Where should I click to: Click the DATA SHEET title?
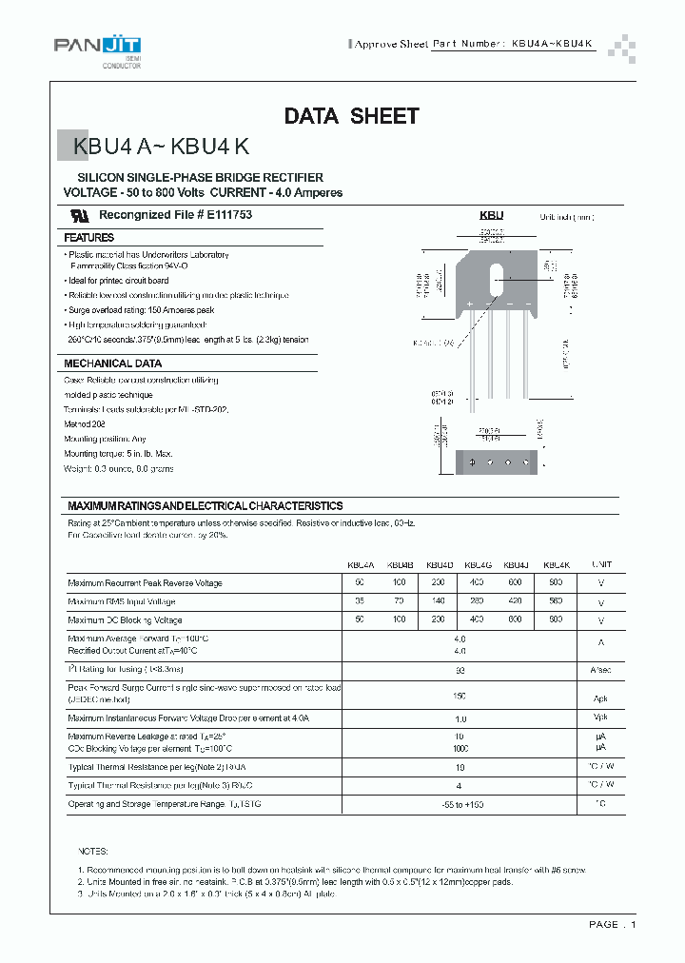pos(351,116)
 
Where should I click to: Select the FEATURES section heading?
pos(89,237)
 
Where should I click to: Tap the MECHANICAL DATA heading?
pos(112,364)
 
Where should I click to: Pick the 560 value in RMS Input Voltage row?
pos(556,601)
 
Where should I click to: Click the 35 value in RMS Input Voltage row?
pos(360,601)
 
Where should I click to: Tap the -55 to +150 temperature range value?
pos(460,805)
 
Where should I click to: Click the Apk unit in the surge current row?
pos(601,697)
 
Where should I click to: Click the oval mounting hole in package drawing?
pos(496,282)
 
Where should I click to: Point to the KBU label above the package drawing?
pos(491,216)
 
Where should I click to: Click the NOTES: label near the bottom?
pos(93,851)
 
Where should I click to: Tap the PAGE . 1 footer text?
pos(612,924)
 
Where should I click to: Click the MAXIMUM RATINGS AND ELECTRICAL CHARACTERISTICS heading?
pos(205,506)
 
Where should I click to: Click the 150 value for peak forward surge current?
pos(460,696)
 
